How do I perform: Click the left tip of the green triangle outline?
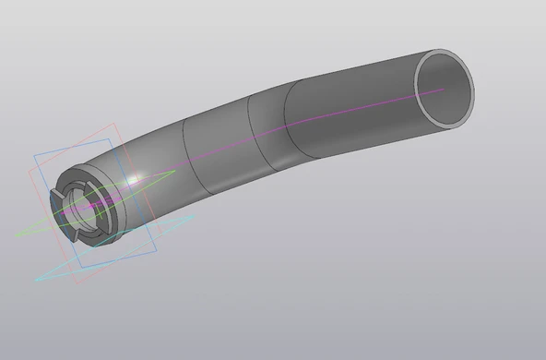pyautogui.click(x=17, y=234)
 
